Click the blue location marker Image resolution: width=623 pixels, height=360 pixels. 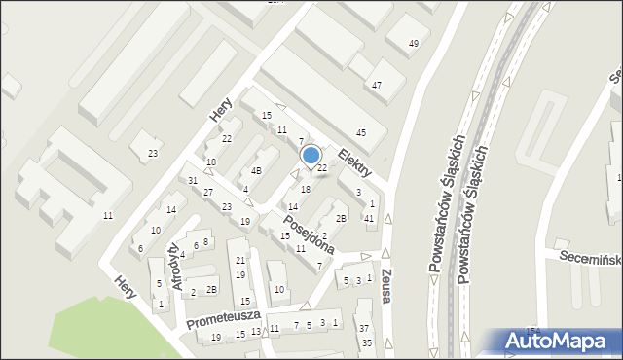pyautogui.click(x=311, y=156)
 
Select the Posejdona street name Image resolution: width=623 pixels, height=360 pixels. pyautogui.click(x=311, y=234)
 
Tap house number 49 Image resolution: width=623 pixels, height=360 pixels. pyautogui.click(x=414, y=44)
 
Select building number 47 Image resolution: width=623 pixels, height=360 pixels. pyautogui.click(x=376, y=86)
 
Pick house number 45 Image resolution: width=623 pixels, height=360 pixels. pyautogui.click(x=361, y=132)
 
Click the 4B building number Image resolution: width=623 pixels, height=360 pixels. pyautogui.click(x=256, y=170)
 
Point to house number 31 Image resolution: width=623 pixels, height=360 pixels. pyautogui.click(x=193, y=181)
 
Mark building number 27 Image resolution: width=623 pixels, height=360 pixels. pyautogui.click(x=207, y=192)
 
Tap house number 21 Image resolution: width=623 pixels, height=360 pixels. pyautogui.click(x=240, y=260)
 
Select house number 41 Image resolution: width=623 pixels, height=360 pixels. pyautogui.click(x=369, y=218)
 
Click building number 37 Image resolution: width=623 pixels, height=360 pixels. pyautogui.click(x=363, y=329)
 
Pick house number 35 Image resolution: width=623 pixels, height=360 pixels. pyautogui.click(x=367, y=342)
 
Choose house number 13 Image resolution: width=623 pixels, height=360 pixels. pyautogui.click(x=256, y=332)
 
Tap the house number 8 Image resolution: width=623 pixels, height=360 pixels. pyautogui.click(x=205, y=241)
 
